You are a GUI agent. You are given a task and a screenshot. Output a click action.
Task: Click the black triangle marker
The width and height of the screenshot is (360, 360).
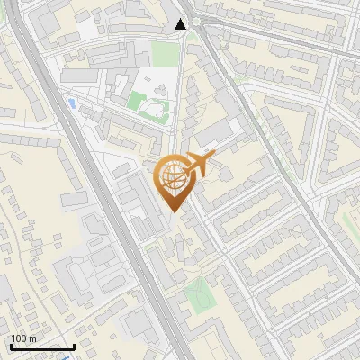tap(181, 24)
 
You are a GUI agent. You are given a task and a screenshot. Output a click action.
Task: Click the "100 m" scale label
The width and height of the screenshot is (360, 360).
tap(23, 338)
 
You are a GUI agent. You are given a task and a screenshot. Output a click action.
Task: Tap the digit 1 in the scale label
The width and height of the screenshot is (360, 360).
tap(13, 338)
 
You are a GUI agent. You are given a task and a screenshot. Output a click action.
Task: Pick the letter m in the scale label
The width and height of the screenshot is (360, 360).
tap(32, 338)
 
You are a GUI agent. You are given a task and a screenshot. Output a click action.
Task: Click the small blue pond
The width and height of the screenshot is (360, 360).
tap(70, 103)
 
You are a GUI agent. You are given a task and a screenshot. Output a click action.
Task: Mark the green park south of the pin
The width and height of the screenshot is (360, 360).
tap(198, 295)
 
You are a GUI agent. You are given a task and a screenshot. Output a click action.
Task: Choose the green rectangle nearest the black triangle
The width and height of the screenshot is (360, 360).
tap(163, 56)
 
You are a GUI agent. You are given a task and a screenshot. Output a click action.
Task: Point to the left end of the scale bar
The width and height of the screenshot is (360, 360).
tap(11, 346)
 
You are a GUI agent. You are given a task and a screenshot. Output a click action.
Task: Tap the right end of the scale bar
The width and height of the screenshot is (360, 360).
tap(74, 346)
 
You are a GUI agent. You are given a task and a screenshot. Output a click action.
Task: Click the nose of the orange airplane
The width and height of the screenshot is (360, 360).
tap(212, 159)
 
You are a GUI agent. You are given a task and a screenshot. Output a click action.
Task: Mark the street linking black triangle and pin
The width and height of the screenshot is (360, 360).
tap(176, 90)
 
